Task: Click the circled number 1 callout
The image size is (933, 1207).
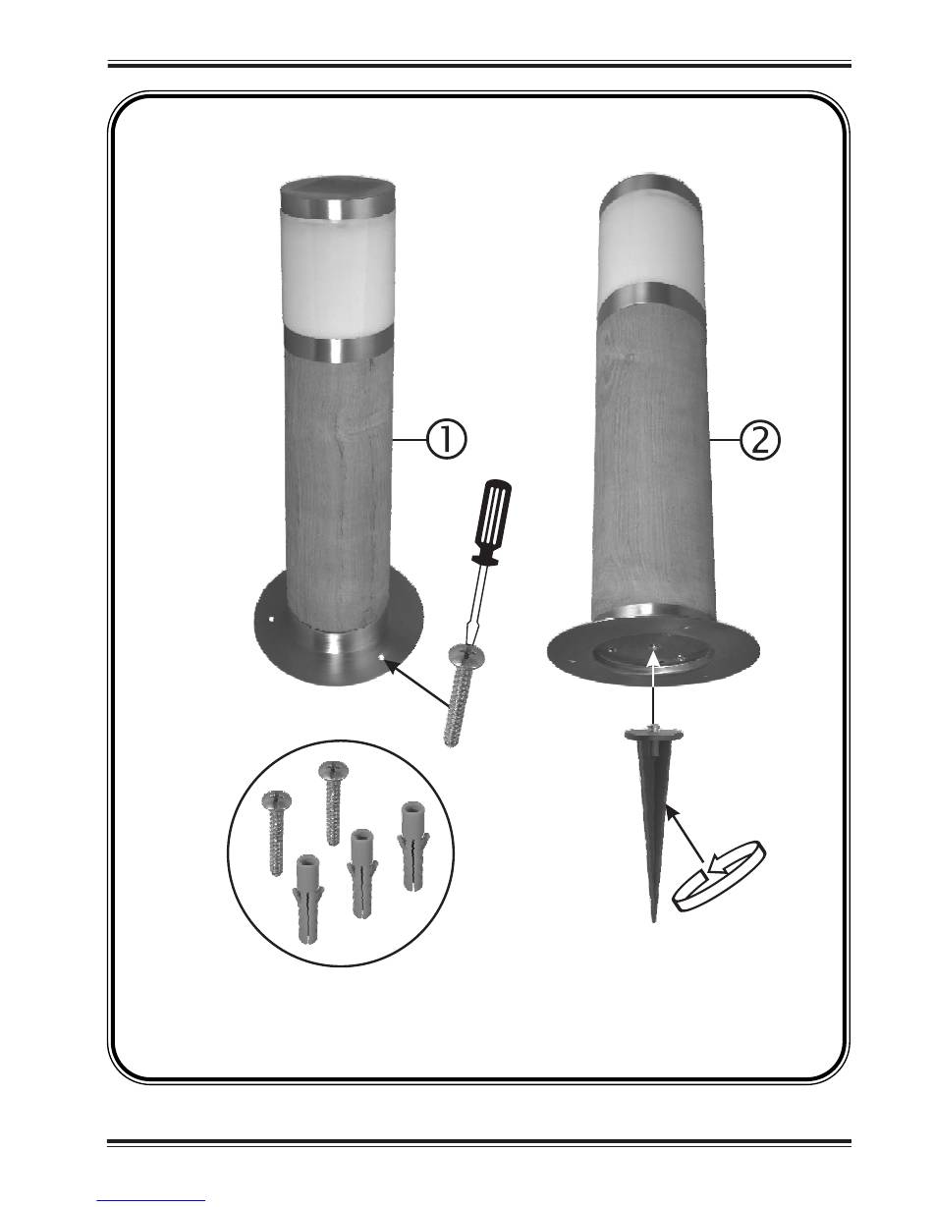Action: tap(447, 440)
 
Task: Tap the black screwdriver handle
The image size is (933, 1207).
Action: tap(491, 521)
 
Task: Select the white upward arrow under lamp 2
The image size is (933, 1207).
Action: tap(654, 686)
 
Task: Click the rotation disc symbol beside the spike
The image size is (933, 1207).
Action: tap(719, 876)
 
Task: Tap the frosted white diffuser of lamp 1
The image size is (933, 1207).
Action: tap(339, 278)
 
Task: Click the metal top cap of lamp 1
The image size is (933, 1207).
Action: tap(338, 199)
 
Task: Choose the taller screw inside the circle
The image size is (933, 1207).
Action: tap(333, 802)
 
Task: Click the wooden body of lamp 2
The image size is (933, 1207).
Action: tap(652, 466)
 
